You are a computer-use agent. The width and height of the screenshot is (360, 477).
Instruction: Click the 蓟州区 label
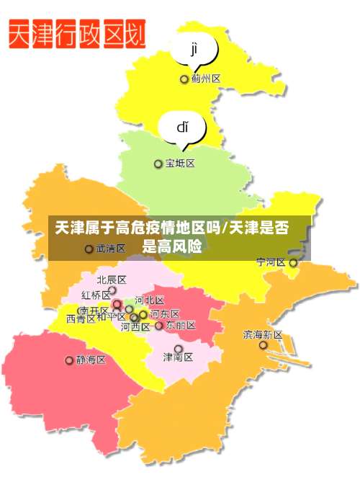(206, 79)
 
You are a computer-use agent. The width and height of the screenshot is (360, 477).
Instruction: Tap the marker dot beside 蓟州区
(184, 79)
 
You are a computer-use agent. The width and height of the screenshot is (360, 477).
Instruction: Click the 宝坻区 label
(180, 164)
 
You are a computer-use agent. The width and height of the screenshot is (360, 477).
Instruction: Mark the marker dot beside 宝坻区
(158, 164)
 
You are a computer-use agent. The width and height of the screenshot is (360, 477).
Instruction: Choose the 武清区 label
(111, 249)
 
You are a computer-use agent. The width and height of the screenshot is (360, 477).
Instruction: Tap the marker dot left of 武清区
(89, 249)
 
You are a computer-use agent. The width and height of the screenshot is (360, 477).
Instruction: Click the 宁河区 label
(271, 262)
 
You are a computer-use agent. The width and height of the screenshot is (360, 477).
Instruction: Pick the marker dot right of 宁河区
(293, 263)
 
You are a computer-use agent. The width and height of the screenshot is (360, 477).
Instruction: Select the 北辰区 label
(112, 280)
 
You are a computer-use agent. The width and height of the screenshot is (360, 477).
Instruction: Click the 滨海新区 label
(263, 334)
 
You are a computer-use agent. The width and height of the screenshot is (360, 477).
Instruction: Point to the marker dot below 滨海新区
(263, 346)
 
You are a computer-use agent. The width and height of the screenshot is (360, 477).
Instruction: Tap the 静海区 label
(91, 360)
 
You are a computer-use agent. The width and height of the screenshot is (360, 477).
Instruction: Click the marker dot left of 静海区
(69, 360)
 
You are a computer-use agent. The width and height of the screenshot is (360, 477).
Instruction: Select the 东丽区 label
(180, 326)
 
